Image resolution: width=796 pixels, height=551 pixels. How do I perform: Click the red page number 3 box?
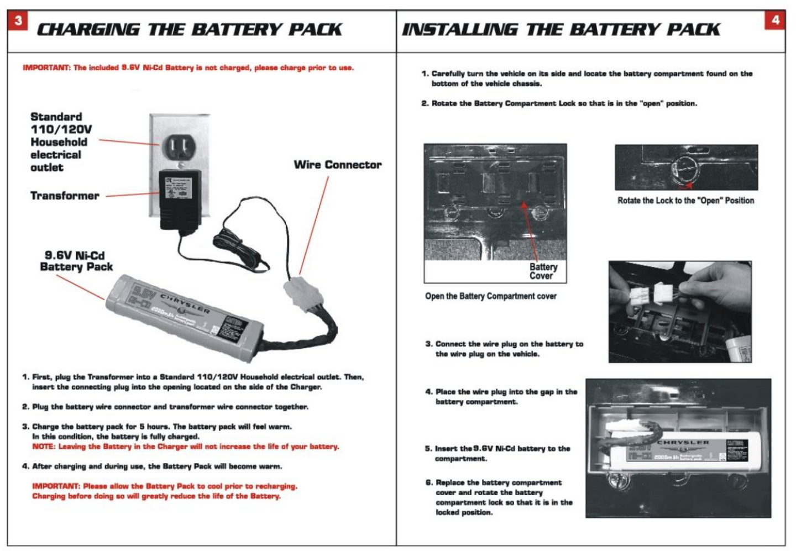(x=18, y=21)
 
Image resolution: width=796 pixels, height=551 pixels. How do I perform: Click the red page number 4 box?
(x=775, y=20)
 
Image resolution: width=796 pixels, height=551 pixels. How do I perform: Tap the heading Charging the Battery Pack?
(x=189, y=29)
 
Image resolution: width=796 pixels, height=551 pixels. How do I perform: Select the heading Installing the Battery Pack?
(x=561, y=29)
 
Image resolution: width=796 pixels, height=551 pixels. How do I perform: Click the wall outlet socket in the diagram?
(x=179, y=148)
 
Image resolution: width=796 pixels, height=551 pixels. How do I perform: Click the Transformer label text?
(x=65, y=196)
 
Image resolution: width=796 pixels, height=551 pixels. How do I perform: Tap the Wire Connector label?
(x=337, y=165)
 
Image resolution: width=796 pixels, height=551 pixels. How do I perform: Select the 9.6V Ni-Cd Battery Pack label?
(x=76, y=261)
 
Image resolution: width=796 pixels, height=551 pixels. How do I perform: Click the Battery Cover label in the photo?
(x=543, y=271)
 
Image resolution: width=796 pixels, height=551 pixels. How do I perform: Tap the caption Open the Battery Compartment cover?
(x=490, y=296)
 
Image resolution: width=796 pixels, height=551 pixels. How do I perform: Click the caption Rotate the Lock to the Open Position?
(x=685, y=201)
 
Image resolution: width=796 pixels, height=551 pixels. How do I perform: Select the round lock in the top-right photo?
(x=685, y=168)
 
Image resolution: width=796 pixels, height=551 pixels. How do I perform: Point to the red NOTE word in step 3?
(x=44, y=447)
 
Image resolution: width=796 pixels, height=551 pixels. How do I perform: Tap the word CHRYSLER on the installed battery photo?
(x=683, y=443)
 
